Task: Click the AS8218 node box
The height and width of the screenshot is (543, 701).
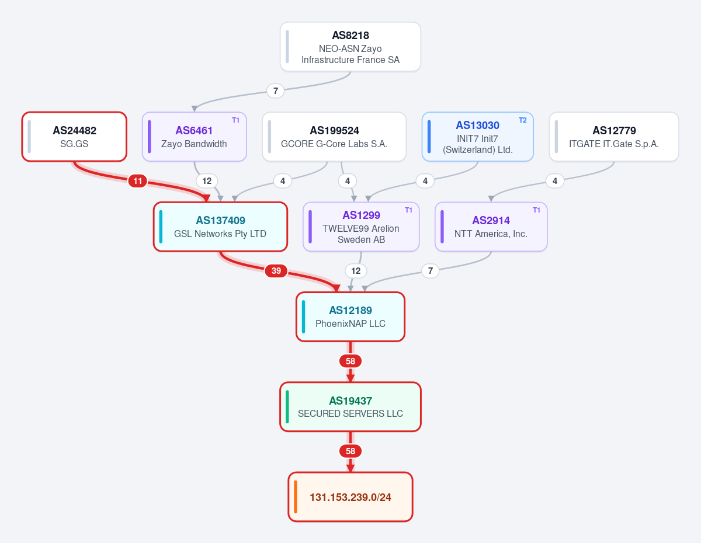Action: click(x=350, y=47)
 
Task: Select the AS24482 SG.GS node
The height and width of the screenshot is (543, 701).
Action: click(x=74, y=137)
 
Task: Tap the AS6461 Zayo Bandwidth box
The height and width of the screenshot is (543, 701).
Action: click(x=194, y=137)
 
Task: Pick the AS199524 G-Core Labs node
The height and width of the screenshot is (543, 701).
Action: click(x=334, y=137)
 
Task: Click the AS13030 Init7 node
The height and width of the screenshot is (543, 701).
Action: click(x=477, y=137)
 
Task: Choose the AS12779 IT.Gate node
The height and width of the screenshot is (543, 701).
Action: click(x=614, y=137)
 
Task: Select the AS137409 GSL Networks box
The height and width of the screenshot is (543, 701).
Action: click(x=220, y=227)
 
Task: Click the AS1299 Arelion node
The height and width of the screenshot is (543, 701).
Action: click(x=361, y=227)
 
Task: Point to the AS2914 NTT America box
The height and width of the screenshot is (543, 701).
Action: click(x=491, y=227)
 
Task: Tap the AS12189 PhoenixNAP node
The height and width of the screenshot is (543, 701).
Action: click(x=350, y=316)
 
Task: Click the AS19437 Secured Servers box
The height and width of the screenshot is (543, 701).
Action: click(x=350, y=406)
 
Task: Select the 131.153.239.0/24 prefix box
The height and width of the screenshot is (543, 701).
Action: click(x=350, y=497)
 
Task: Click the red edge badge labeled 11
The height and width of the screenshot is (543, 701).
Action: click(x=138, y=181)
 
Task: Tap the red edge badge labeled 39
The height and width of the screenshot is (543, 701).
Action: click(x=276, y=270)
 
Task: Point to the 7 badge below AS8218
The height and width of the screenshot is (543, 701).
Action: click(x=276, y=91)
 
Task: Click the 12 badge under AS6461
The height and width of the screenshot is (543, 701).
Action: click(x=207, y=181)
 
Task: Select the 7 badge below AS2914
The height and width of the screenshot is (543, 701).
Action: click(x=431, y=270)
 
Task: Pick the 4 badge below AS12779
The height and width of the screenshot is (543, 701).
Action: click(x=555, y=181)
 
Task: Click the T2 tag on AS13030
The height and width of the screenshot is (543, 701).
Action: click(x=523, y=120)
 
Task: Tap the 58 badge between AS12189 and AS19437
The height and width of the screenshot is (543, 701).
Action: click(x=350, y=361)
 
